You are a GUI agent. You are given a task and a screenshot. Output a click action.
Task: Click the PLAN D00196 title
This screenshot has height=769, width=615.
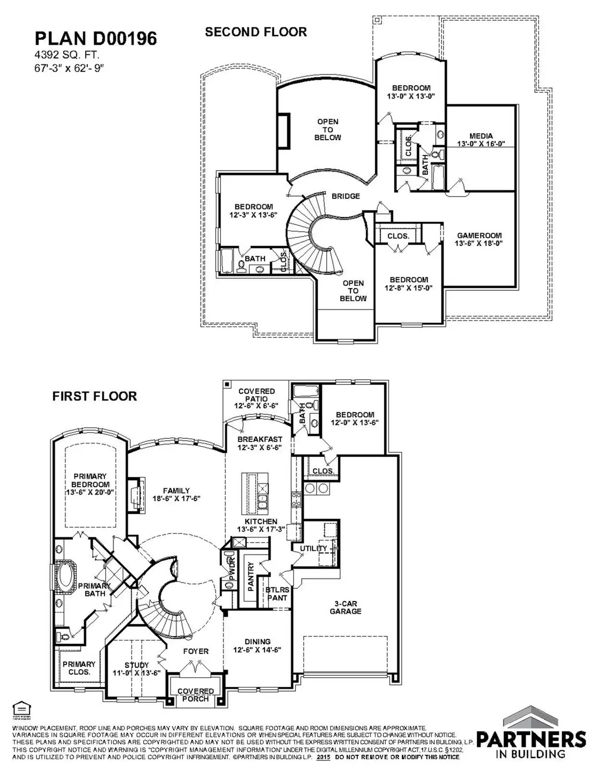click(96, 38)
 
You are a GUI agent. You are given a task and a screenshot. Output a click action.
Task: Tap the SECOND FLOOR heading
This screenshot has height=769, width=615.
click(256, 32)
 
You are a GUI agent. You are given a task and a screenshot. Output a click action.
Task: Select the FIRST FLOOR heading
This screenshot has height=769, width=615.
click(95, 396)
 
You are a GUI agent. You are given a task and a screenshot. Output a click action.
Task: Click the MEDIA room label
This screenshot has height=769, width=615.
click(481, 136)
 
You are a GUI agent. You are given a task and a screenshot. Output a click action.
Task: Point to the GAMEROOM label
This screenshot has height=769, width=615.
click(479, 236)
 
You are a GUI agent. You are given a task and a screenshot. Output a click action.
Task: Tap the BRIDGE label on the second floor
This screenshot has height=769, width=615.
click(345, 196)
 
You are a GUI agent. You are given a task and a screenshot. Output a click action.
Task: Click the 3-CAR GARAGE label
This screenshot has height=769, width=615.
click(345, 608)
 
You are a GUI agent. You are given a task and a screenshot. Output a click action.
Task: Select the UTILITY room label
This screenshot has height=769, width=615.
click(313, 548)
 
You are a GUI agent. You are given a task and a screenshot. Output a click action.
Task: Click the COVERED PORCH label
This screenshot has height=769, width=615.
click(196, 695)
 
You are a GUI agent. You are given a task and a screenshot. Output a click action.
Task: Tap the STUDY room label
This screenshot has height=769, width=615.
click(136, 665)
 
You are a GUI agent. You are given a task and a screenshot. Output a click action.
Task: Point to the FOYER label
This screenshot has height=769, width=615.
click(196, 651)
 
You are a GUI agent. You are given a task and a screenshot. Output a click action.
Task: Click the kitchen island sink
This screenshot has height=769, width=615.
click(263, 503)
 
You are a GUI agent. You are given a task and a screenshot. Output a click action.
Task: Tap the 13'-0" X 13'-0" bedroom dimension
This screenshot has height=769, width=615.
click(411, 96)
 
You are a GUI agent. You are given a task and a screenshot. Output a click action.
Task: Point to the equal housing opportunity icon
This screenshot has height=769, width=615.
click(20, 709)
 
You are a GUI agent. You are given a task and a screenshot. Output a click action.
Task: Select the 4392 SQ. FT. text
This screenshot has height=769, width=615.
click(67, 55)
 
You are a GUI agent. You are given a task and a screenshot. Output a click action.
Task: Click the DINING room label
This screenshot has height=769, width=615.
click(258, 642)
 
